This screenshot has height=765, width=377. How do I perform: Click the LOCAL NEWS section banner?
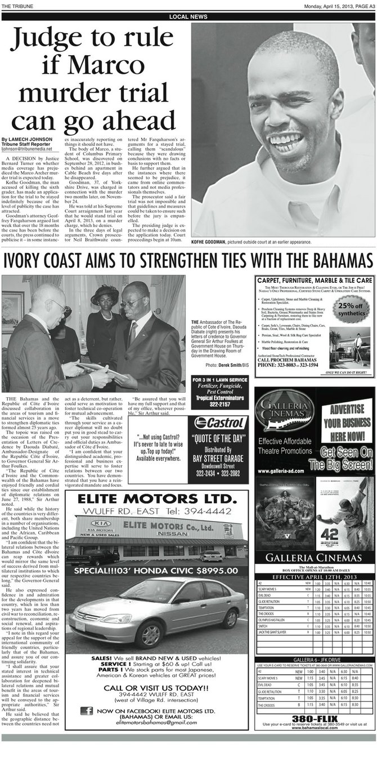pyautogui.click(x=188, y=17)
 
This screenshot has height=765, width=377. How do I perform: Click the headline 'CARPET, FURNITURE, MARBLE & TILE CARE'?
pyautogui.click(x=314, y=280)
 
